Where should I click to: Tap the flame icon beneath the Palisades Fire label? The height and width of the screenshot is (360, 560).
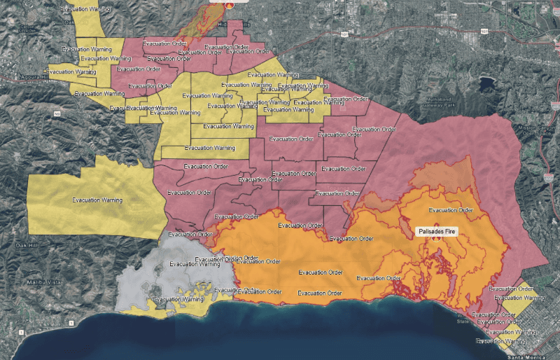[435, 239]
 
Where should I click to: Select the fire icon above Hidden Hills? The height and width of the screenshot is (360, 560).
[230, 4]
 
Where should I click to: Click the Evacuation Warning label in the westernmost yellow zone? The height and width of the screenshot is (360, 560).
[97, 200]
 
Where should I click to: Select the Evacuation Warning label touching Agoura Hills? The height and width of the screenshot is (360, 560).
[71, 71]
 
